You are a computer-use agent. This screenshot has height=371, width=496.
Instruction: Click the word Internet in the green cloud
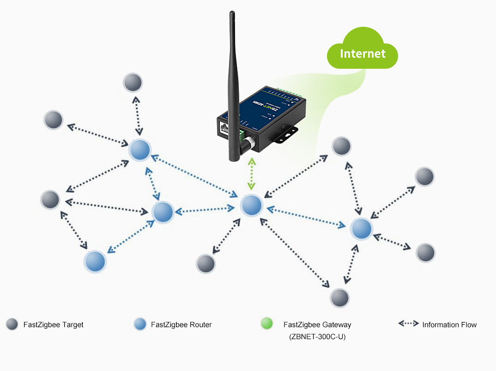[x=363, y=54]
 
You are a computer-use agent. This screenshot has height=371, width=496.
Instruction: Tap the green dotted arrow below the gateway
[x=251, y=174]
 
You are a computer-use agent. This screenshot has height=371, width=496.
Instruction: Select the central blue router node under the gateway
[x=252, y=205]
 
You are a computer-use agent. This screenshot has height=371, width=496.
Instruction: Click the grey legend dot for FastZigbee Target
[x=12, y=324]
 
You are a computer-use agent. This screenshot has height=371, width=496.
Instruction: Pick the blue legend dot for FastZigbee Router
[x=140, y=324]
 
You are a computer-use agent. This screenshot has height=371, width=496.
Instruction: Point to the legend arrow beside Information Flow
[x=408, y=324]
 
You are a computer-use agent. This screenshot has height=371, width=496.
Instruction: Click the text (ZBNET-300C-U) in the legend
[x=317, y=337]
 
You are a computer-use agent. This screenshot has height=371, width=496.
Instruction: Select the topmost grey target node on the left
[x=133, y=82]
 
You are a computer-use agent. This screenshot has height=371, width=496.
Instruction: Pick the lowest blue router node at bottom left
[x=95, y=261]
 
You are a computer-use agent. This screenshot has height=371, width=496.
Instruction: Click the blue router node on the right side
[x=361, y=228]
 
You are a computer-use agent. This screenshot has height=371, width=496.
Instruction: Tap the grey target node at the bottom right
[x=339, y=298]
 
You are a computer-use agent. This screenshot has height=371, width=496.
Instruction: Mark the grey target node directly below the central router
[x=206, y=263]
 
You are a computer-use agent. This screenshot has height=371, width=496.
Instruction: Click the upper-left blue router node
[x=139, y=150]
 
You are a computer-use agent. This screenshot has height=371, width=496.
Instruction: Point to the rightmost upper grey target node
[x=424, y=177]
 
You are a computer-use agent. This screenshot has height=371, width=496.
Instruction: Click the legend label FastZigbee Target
[x=54, y=325]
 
